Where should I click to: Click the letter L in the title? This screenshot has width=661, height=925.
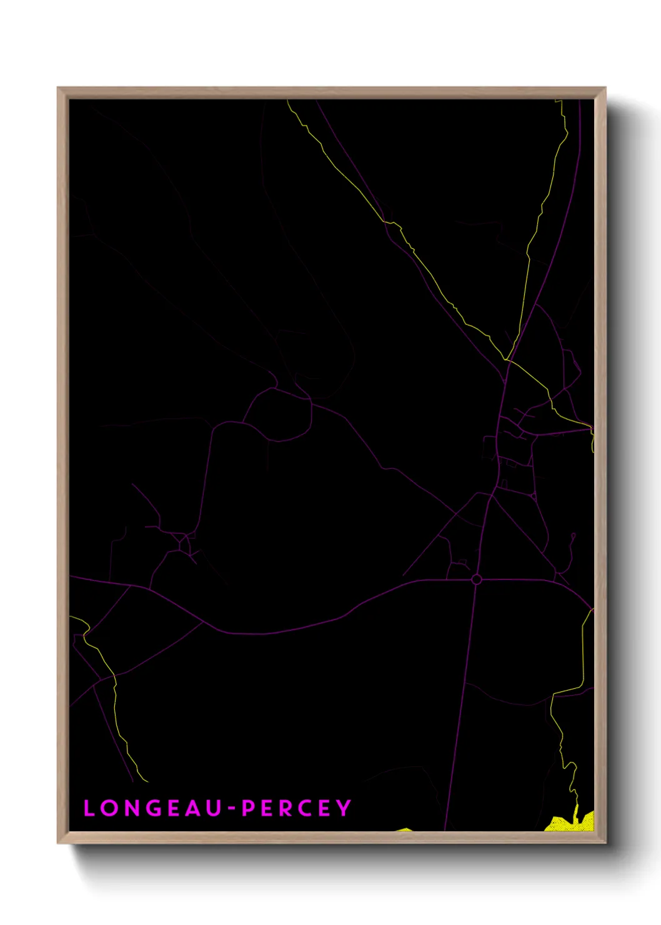coord(89,808)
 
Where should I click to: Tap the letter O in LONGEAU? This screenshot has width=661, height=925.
coord(109,808)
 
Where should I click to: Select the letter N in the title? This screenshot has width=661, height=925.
coord(132,808)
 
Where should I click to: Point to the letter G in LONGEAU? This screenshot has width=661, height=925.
coord(155,808)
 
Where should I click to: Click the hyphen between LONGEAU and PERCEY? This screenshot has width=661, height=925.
coord(231,809)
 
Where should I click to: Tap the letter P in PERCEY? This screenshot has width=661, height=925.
coord(249,808)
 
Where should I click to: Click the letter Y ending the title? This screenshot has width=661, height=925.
coord(344,808)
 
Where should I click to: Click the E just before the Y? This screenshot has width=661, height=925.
coord(325,808)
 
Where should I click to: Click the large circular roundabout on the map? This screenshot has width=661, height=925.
coord(476,580)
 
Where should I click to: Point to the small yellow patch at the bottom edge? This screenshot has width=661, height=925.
coord(405,829)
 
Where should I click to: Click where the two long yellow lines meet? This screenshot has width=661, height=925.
coord(507,360)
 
